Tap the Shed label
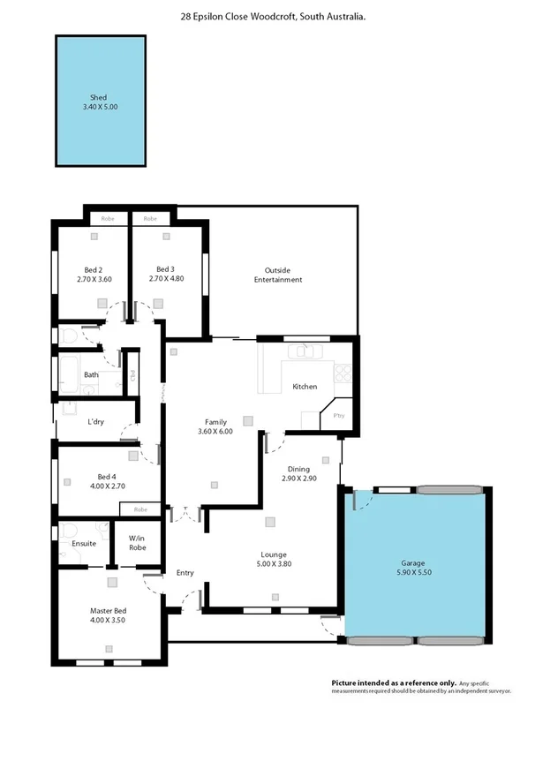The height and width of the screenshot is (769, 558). pos(98,97)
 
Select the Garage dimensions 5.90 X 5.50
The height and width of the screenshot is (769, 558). pos(414,572)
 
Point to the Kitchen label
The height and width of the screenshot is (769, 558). pos(305,387)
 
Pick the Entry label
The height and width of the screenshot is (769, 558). pos(185,573)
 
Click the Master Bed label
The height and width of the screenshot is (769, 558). pos(109,610)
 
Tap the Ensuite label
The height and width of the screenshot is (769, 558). pos(84,543)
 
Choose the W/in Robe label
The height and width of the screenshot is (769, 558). pos(137,542)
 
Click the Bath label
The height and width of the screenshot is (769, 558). pos(91,374)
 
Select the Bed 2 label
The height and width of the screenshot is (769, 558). pos(94,269)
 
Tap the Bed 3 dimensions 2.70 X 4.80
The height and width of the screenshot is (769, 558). pos(166,279)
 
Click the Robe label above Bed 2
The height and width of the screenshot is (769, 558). pos(108,218)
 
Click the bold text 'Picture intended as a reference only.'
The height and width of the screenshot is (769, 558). pos(394,682)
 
